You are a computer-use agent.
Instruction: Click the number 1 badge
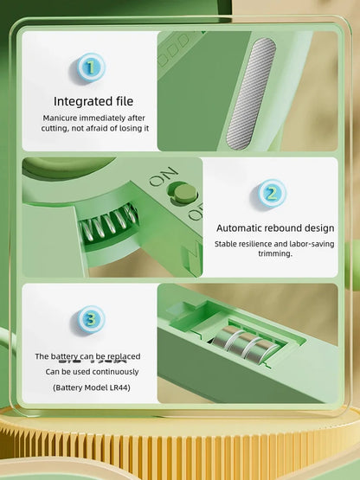coord(91,67)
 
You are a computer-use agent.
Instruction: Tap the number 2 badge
coord(272,194)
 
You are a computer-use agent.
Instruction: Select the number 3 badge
coord(91,320)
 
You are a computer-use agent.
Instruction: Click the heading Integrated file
coord(93,101)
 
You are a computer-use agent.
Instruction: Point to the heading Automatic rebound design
coord(275,228)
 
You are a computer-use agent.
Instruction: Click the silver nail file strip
coord(251,93)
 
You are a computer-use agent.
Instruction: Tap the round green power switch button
coord(183,194)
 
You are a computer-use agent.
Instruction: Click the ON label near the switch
coord(164,176)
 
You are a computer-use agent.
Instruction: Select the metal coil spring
coord(107,223)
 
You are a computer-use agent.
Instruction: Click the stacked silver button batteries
coord(245,343)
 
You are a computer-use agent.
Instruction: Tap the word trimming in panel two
coord(275,253)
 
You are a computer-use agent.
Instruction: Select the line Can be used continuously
coord(92,372)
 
